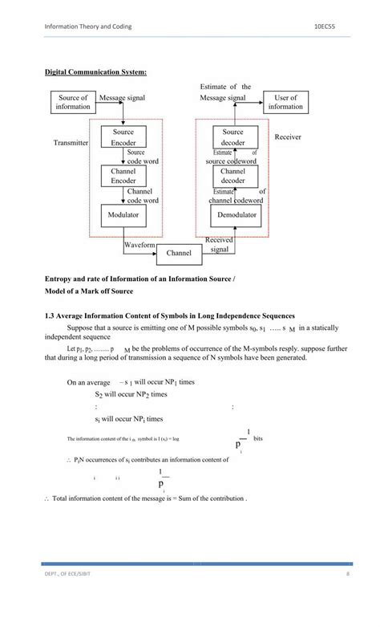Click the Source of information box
coord(74,102)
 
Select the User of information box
coord(285,102)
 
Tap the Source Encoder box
coord(123,136)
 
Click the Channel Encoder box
coord(123,176)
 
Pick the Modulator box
coord(123,215)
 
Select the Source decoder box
coord(233,136)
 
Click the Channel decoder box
coord(233,176)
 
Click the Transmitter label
coord(71,143)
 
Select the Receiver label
coord(288,137)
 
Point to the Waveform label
coord(139,244)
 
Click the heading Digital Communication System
coord(95,73)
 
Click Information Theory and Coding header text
coord(87,26)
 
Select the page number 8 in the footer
coord(348,595)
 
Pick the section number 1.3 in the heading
coord(50,316)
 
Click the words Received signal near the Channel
coord(219,245)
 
